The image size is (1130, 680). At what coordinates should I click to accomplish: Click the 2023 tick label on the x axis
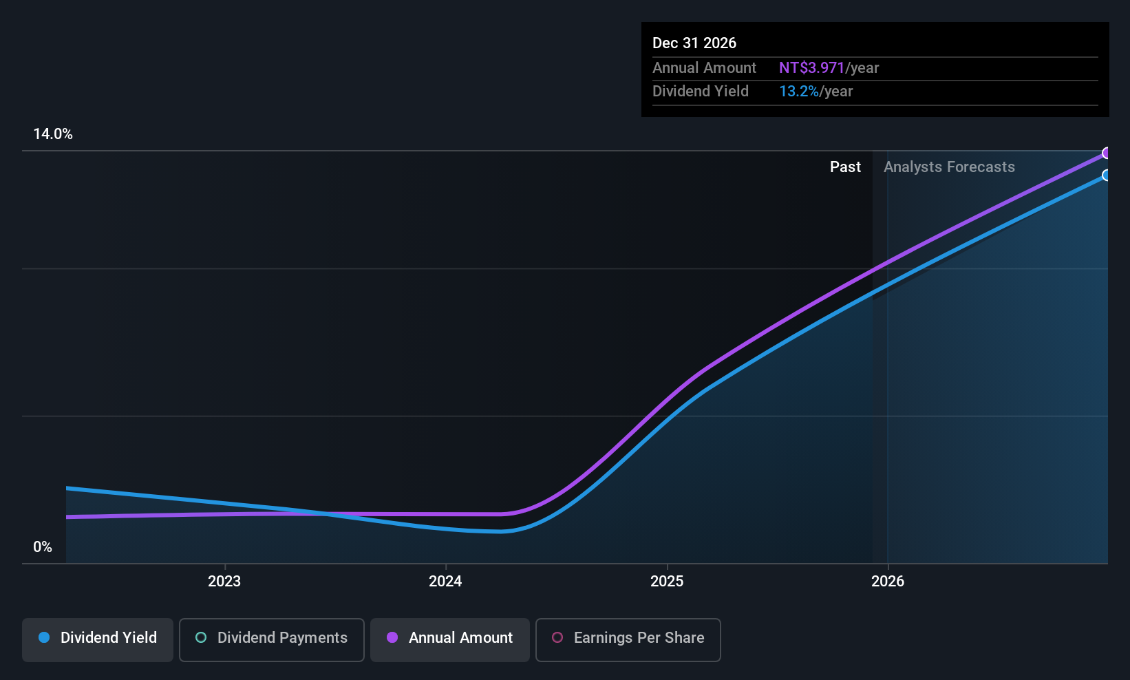click(224, 581)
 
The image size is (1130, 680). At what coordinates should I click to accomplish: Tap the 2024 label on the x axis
click(445, 581)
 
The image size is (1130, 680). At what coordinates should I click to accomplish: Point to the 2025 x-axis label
click(667, 581)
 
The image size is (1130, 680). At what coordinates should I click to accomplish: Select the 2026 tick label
click(888, 581)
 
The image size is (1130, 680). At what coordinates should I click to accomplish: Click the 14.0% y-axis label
click(53, 134)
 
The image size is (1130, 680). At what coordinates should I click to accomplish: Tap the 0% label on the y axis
click(43, 547)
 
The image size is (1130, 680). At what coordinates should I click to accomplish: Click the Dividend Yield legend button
click(98, 638)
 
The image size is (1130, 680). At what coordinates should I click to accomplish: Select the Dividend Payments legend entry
click(272, 638)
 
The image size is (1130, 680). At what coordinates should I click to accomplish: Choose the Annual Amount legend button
click(450, 638)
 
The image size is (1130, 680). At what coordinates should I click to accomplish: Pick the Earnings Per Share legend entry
click(628, 638)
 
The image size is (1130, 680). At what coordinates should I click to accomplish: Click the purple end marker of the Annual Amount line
click(1107, 153)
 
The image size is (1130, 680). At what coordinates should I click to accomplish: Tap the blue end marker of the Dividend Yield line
click(1107, 176)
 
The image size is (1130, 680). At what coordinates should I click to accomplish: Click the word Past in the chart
click(845, 167)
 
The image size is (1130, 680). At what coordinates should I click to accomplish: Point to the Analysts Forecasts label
click(949, 167)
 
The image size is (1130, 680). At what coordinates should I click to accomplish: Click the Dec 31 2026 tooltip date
click(694, 43)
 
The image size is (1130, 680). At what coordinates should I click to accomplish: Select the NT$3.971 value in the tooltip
click(811, 68)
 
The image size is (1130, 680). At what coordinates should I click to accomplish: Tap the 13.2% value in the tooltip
click(798, 92)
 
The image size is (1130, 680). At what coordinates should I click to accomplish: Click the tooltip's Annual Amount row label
click(704, 68)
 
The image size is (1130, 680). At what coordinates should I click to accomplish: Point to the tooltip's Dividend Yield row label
click(701, 92)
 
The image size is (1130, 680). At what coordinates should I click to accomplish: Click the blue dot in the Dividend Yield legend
click(44, 638)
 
